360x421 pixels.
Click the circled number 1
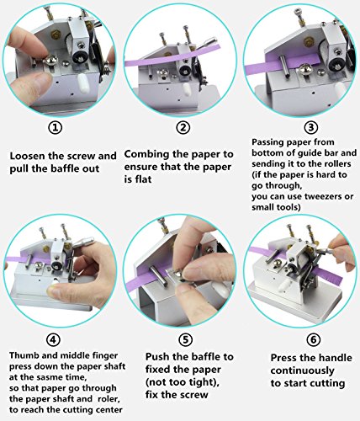click(56, 128)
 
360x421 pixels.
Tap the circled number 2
click(183, 128)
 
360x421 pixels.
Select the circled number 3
click(311, 128)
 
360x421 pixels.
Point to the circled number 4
click(54, 340)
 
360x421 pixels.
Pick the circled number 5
click(185, 340)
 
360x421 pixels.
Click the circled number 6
click(313, 340)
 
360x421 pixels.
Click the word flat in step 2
click(143, 179)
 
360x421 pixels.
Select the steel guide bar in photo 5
click(159, 276)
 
